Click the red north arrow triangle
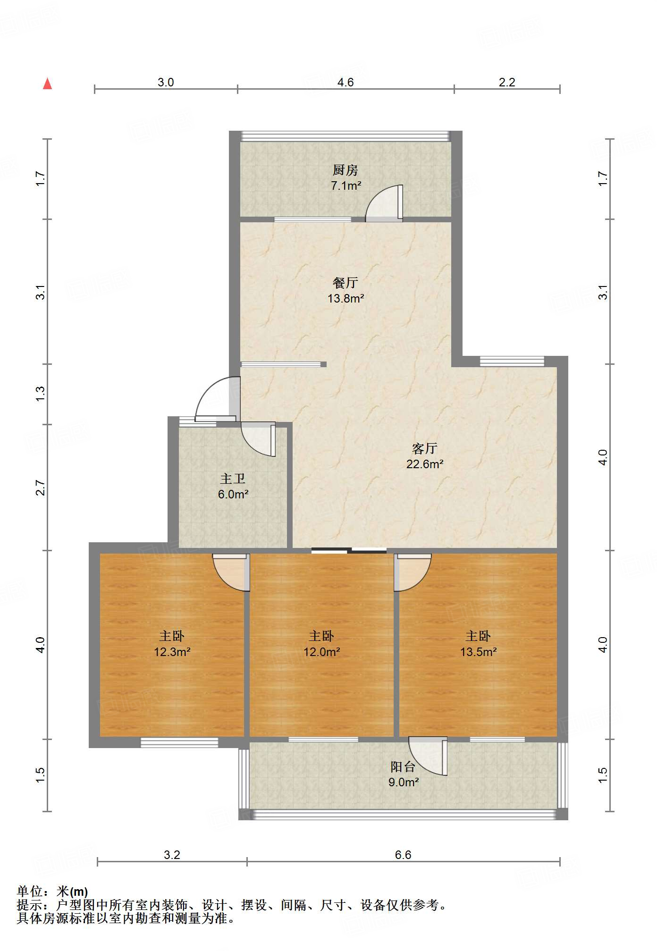pos(47,84)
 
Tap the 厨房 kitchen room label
pos(345,170)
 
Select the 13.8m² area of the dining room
pos(346,298)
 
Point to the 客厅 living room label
pos(425,448)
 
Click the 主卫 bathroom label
pos(233,479)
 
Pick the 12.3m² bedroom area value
pos(172,652)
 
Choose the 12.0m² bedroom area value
pos(322,652)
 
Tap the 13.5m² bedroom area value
pos(479,652)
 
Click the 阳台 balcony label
pos(403,767)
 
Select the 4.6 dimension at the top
pos(345,83)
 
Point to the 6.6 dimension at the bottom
pos(403,855)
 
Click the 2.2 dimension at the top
pos(507,83)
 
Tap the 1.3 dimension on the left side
pos(41,394)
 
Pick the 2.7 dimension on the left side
pos(41,488)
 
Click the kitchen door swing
pos(384,203)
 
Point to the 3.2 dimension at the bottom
pos(172,855)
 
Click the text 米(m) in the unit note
pos(72,892)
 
